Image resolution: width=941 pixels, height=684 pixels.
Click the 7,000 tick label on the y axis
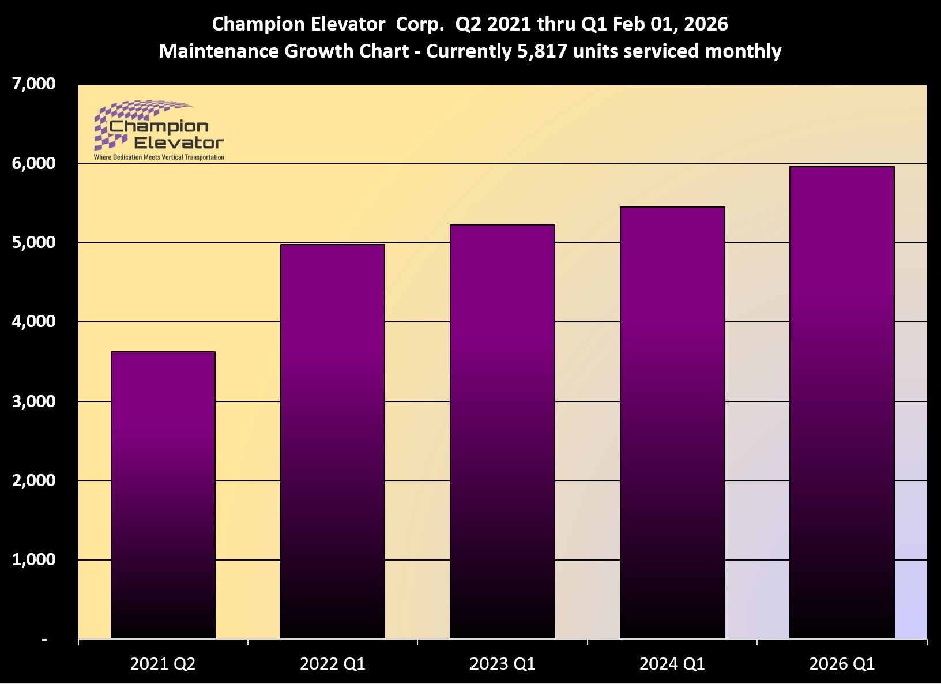[34, 84]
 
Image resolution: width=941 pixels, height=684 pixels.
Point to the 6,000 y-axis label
[34, 164]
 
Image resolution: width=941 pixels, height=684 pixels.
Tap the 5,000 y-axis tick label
[34, 243]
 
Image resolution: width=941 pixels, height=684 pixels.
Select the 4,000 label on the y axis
[34, 322]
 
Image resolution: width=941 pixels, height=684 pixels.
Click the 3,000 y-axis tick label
[34, 401]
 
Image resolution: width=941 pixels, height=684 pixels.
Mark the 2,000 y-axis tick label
[34, 480]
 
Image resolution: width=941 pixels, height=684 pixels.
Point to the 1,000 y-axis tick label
[34, 560]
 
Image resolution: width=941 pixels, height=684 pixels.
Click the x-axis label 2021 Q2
[163, 664]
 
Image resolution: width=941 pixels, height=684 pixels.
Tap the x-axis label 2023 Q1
[502, 664]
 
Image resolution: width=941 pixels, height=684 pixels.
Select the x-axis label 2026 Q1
[842, 664]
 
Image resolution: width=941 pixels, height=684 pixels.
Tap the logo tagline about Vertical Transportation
[159, 157]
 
